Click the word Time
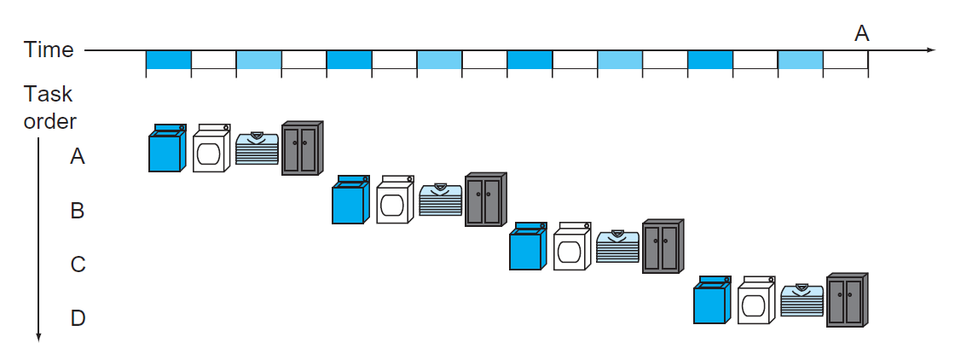tap(49, 50)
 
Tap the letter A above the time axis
tap(862, 33)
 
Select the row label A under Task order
tap(78, 156)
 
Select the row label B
tap(78, 210)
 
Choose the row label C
tap(78, 264)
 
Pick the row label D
tap(78, 318)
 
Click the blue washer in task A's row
tap(166, 149)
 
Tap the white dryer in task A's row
tap(211, 149)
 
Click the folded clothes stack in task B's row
tap(440, 201)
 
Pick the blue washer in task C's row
tap(527, 247)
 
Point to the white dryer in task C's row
tap(572, 247)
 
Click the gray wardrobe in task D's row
tap(847, 300)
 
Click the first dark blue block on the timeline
tap(168, 60)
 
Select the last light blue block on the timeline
tap(800, 60)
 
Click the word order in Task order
tap(49, 120)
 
